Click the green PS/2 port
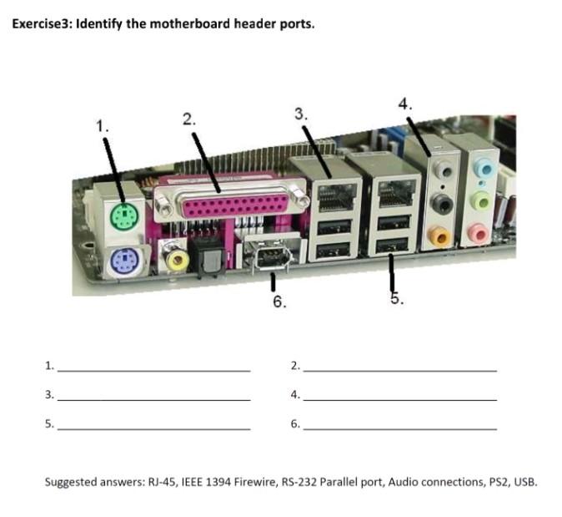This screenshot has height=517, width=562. tap(122, 218)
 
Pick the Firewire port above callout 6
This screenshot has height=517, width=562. tap(270, 257)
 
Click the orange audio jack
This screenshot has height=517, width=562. tap(442, 238)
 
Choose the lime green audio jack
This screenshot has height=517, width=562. tap(479, 201)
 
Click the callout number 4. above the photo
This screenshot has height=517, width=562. tap(405, 104)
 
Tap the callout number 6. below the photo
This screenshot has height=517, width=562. tap(280, 302)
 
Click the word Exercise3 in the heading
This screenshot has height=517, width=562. tap(42, 23)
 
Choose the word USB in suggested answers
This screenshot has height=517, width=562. tap(525, 482)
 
